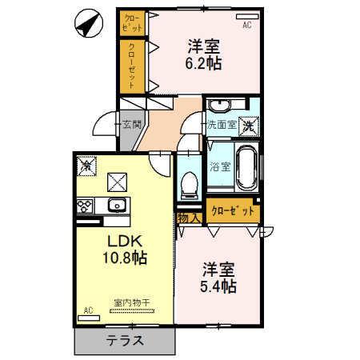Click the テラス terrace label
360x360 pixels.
(x=125, y=341)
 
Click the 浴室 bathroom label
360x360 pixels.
(x=220, y=168)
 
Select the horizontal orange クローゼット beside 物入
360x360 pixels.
(x=234, y=211)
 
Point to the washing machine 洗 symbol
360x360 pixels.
(x=250, y=125)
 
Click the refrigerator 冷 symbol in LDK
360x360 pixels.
(x=86, y=166)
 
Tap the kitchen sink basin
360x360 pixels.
(x=117, y=205)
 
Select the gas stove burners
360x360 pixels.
(x=85, y=206)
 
